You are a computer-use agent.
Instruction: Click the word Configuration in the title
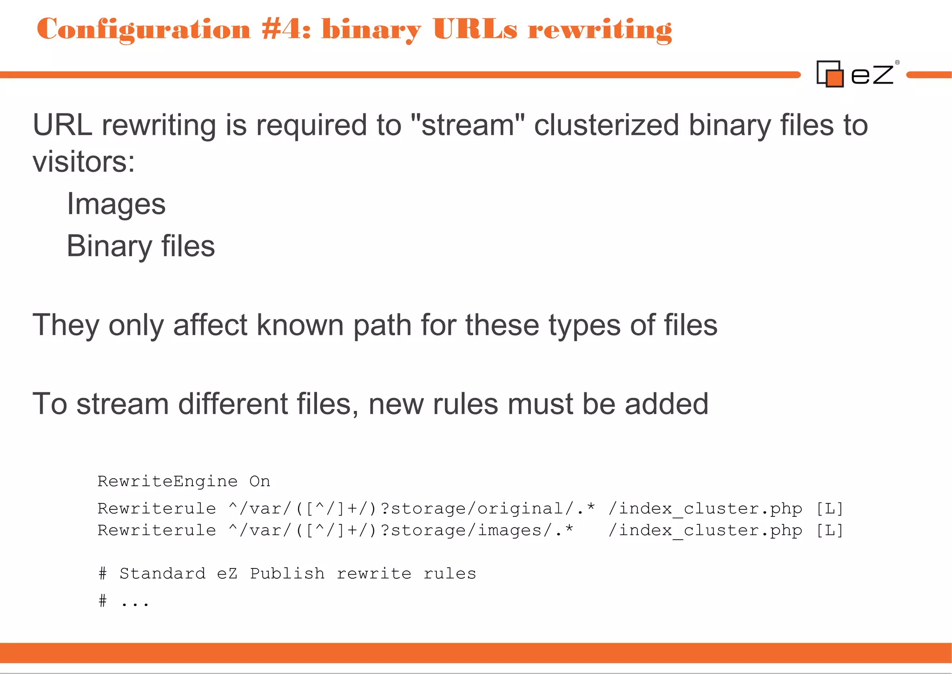(x=144, y=29)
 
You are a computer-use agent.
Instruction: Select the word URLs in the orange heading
(x=475, y=29)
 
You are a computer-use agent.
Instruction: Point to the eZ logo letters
(x=872, y=75)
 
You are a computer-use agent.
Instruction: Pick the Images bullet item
(x=116, y=204)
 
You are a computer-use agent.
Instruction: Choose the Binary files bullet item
(x=141, y=246)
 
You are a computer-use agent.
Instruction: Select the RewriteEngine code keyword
(x=167, y=481)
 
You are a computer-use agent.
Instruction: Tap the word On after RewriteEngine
(x=259, y=481)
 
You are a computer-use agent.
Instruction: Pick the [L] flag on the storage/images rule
(x=830, y=530)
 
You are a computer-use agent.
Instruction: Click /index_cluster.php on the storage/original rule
(x=705, y=509)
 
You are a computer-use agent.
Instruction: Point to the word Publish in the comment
(x=287, y=574)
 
